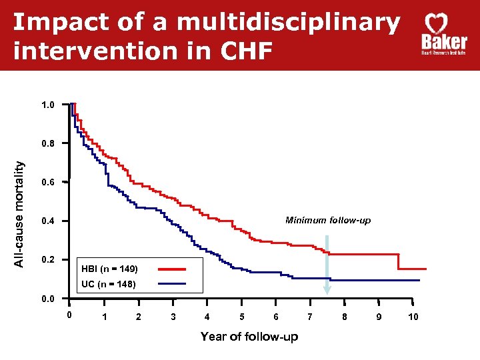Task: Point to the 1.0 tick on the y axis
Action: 49,105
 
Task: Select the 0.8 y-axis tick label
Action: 49,143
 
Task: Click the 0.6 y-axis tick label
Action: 49,182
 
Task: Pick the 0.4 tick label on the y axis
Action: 49,221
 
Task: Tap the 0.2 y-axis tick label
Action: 49,259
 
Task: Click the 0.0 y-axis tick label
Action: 49,299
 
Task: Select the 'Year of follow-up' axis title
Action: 249,337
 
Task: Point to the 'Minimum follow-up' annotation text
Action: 328,220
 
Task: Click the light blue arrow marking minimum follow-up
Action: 327,267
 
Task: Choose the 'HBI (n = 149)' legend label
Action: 109,269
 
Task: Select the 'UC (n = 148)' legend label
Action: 108,285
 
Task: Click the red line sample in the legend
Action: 179,269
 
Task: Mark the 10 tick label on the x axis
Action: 413,317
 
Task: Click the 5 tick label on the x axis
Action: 241,317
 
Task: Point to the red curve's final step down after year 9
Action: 399,261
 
